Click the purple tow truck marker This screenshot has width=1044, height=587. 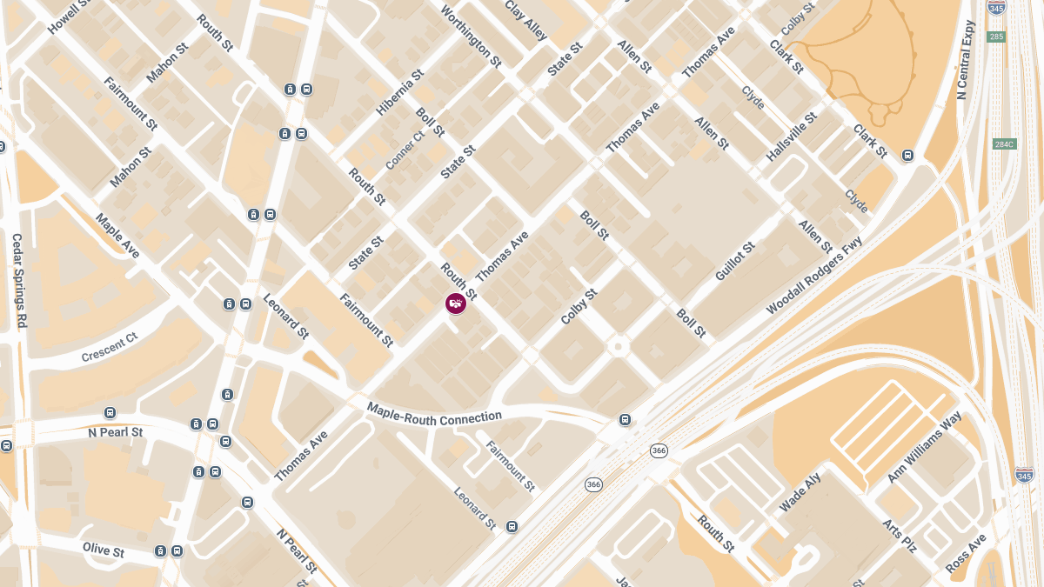pyautogui.click(x=455, y=304)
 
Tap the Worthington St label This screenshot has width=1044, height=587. pyautogui.click(x=472, y=37)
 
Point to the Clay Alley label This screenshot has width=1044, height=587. pyautogui.click(x=526, y=20)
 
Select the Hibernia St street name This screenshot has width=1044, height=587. pyautogui.click(x=399, y=93)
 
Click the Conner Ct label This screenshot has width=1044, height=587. pyautogui.click(x=405, y=149)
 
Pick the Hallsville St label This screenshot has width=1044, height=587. pyautogui.click(x=792, y=136)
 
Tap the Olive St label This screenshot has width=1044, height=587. pyautogui.click(x=104, y=550)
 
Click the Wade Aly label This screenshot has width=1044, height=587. pyautogui.click(x=800, y=493)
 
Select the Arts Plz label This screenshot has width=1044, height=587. pyautogui.click(x=900, y=537)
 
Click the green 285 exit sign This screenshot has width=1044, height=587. pyautogui.click(x=997, y=37)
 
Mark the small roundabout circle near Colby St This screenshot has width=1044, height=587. pyautogui.click(x=619, y=346)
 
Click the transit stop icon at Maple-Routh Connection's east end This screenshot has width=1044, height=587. pyautogui.click(x=625, y=420)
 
